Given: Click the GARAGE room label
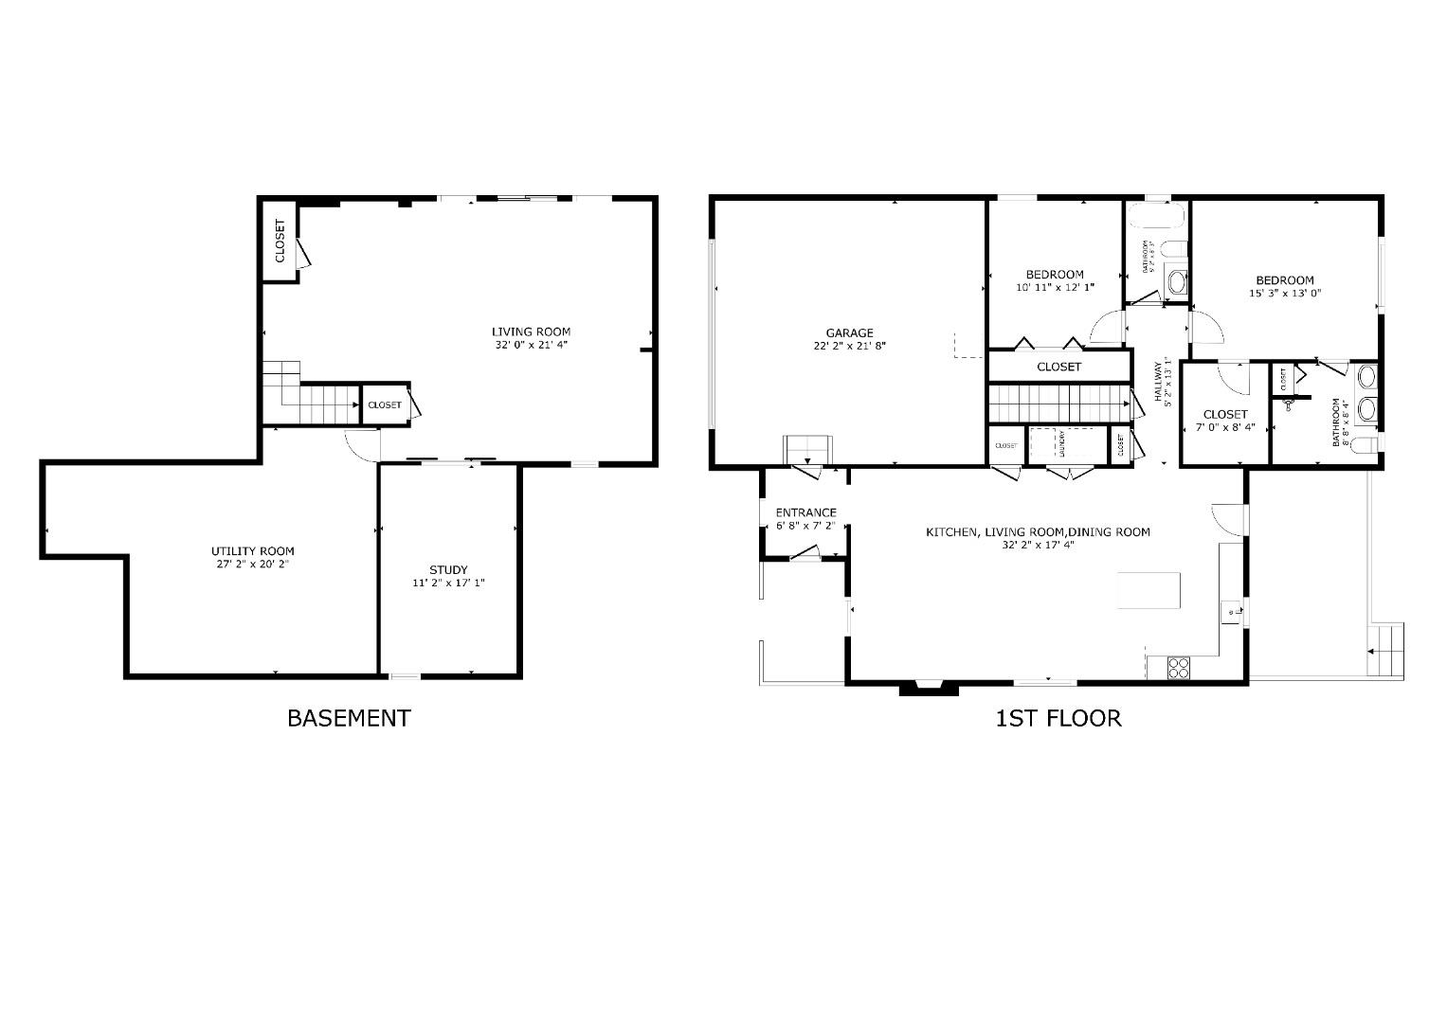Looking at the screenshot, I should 848,332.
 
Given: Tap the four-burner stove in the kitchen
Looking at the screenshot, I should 1179,668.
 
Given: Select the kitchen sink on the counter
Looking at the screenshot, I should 1232,613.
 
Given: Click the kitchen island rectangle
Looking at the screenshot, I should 1149,590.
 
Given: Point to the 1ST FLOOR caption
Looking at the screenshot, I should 1058,718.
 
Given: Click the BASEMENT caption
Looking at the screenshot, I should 349,718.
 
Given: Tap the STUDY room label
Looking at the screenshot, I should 448,569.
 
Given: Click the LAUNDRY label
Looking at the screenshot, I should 1062,444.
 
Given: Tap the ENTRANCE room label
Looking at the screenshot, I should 805,512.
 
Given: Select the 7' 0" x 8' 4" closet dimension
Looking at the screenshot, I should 1225,427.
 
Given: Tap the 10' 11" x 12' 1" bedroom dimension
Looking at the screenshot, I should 1055,287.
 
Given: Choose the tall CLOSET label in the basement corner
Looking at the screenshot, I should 280,241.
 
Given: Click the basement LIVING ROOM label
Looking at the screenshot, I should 531,332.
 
